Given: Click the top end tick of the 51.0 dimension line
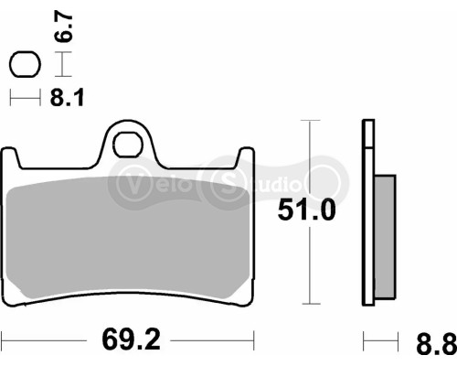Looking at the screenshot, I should click(x=314, y=120).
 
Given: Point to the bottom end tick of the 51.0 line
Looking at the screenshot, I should click(x=314, y=305).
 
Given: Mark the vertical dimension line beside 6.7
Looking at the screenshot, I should click(x=61, y=64).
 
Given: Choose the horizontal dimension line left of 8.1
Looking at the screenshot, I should click(x=25, y=96).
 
